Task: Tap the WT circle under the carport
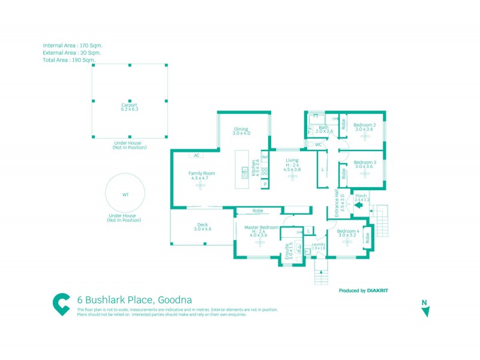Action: coord(125,194)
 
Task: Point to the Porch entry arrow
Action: coord(358,205)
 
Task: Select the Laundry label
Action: coord(318,245)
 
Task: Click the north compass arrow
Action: coord(425,311)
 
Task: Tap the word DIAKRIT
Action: coord(377,290)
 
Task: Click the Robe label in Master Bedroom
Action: coord(258,211)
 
